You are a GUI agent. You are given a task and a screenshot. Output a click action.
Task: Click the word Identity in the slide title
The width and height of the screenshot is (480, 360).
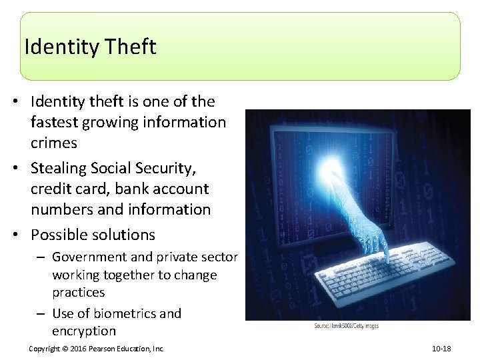point(61,47)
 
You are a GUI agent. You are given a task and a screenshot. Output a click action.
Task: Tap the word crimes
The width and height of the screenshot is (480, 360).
point(54,143)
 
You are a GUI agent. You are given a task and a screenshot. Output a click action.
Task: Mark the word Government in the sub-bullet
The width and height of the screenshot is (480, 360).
point(89,257)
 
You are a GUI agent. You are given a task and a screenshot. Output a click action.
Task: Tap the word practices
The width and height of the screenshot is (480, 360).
point(79,292)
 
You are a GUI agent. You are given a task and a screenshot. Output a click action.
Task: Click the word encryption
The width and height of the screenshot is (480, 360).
point(84,331)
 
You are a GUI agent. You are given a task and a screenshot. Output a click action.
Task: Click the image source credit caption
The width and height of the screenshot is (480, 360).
point(347,325)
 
